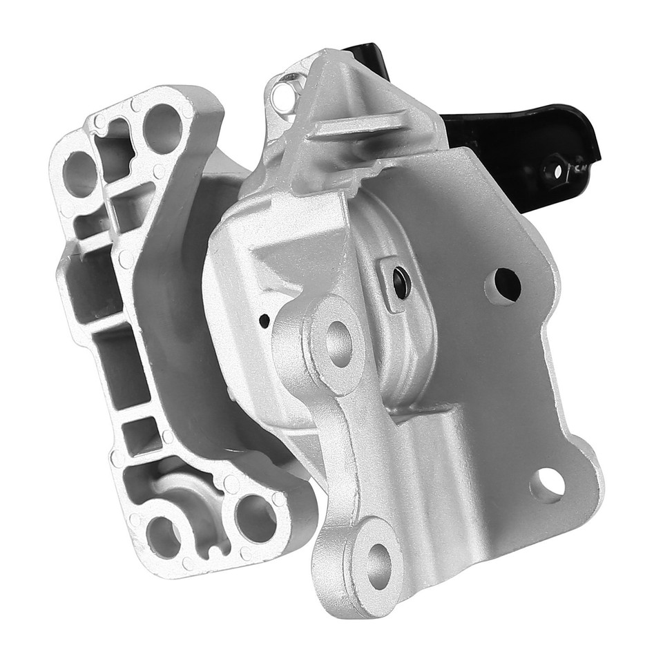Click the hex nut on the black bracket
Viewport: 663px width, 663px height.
[555, 167]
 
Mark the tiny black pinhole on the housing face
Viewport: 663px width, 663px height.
[265, 321]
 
